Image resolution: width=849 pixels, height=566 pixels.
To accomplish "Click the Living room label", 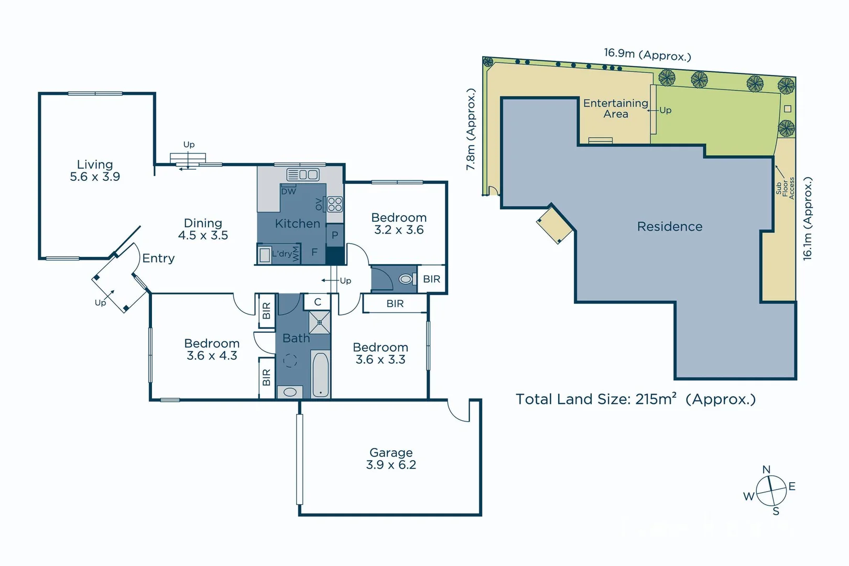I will coord(95,171).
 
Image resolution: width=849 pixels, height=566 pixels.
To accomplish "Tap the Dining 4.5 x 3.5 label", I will coord(203,230).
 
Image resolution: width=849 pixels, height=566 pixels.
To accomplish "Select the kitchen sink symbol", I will coord(302,175).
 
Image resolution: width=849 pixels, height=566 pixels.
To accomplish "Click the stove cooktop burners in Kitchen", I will coord(335,204).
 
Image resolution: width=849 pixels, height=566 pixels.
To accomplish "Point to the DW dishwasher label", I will coord(288,191).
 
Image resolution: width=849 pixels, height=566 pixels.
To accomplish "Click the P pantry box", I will coord(335,235).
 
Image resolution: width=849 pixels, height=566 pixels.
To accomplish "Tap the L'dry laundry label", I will coord(281,254).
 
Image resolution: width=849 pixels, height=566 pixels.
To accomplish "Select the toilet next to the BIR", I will coord(406,279).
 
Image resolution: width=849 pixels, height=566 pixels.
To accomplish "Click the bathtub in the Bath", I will coord(320,375).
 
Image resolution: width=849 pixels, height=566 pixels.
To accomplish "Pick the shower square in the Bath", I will coord(319,322).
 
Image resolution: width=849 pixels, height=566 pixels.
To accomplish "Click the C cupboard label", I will coord(318,302).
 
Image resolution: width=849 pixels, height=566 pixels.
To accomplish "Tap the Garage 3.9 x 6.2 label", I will coord(391,459).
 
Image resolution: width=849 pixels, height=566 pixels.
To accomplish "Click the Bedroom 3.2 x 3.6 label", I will coord(399,224).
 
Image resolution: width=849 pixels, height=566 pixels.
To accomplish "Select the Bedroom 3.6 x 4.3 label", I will coord(212,350).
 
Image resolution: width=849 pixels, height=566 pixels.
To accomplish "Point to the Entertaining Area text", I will coord(616,108).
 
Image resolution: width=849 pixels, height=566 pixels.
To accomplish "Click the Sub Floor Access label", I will coord(785,188).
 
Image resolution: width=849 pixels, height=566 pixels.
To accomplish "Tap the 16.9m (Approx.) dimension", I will coord(647,55).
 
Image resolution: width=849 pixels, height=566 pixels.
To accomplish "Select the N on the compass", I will coord(766,470).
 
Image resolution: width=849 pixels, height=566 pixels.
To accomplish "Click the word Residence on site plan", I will coord(669,226).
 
